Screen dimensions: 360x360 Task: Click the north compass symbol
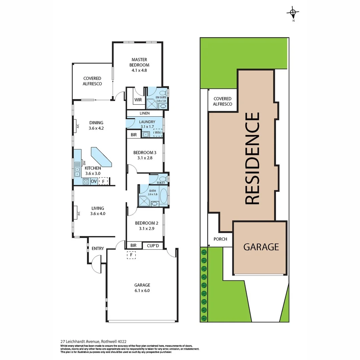pyautogui.click(x=293, y=14)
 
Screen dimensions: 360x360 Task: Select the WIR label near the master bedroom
pyautogui.click(x=138, y=100)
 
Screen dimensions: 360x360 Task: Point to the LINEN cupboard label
pyautogui.click(x=144, y=114)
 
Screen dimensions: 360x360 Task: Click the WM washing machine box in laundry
pyautogui.click(x=157, y=133)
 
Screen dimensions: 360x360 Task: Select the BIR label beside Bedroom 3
pyautogui.click(x=134, y=135)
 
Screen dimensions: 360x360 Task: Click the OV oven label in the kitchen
pyautogui.click(x=94, y=181)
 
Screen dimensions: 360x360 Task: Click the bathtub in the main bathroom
pyautogui.click(x=164, y=197)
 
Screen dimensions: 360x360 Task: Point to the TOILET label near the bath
pyautogui.click(x=161, y=183)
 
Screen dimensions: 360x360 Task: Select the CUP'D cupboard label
pyautogui.click(x=153, y=246)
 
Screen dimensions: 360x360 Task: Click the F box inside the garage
pyautogui.click(x=132, y=255)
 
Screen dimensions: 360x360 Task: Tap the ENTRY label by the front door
pyautogui.click(x=98, y=248)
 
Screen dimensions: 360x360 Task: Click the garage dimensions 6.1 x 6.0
pyautogui.click(x=142, y=290)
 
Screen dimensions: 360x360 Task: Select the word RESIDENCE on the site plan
pyautogui.click(x=252, y=158)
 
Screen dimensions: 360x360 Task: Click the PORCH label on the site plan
pyautogui.click(x=220, y=239)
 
